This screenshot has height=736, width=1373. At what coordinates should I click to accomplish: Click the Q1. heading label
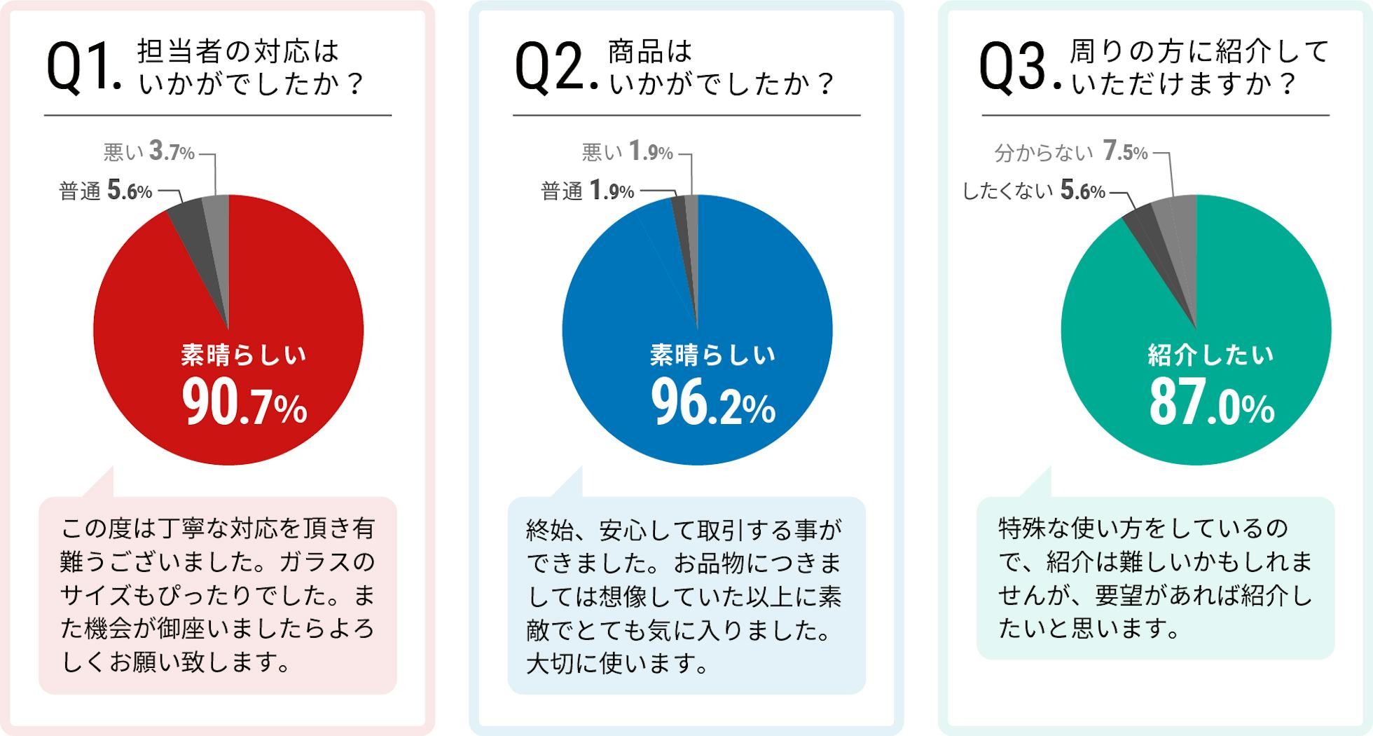click(83, 68)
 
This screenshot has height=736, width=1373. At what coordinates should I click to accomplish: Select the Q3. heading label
click(1020, 68)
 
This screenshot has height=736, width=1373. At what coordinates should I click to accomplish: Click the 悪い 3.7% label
click(149, 151)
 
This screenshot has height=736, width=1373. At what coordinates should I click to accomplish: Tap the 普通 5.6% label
click(106, 191)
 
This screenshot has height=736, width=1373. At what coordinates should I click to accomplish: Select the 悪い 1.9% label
click(627, 151)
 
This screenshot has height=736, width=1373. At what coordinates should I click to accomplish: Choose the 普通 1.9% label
click(587, 191)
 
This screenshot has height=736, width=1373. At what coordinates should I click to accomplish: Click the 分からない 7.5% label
click(1071, 151)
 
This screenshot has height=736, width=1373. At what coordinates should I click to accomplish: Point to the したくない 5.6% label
click(1033, 191)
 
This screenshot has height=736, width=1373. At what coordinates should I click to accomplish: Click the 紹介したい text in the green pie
click(1210, 355)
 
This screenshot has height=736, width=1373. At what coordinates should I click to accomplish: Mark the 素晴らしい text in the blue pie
click(712, 355)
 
